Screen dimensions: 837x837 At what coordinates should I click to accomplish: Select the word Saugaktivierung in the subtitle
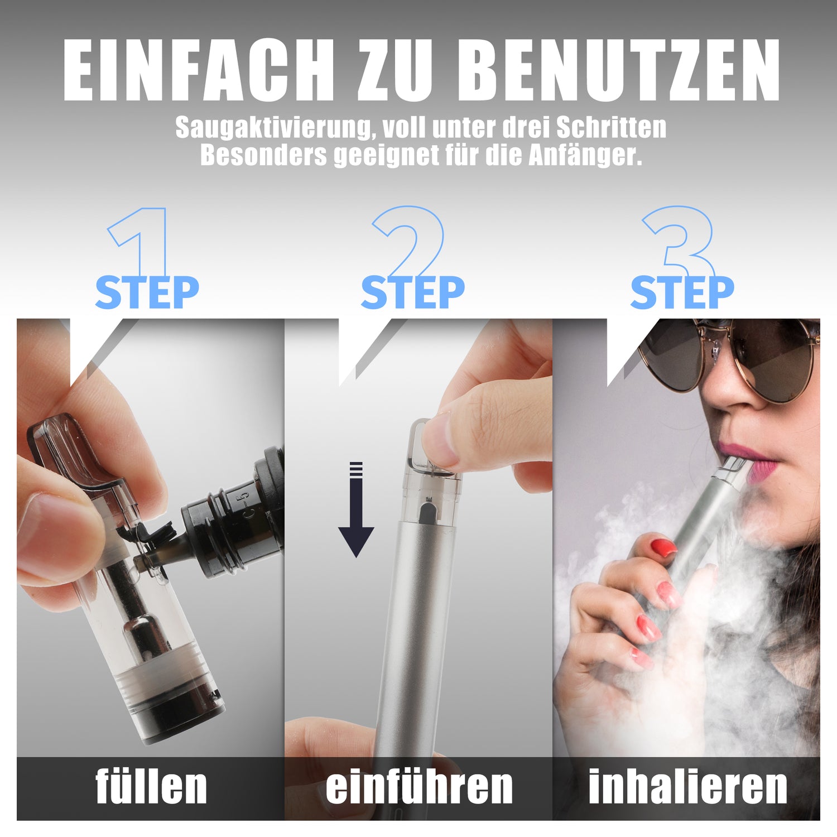pos(273,128)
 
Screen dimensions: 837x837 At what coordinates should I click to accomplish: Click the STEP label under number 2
pos(412,292)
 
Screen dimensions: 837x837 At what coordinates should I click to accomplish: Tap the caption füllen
pos(151,786)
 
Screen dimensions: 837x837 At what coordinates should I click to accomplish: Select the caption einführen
pos(419,786)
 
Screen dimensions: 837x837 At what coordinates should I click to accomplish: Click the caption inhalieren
pos(688,786)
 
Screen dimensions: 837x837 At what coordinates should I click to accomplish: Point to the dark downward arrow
pos(356,509)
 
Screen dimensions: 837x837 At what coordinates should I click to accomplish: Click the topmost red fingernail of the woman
pos(664,547)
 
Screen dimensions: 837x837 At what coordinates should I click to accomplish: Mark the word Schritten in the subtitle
pos(612,128)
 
